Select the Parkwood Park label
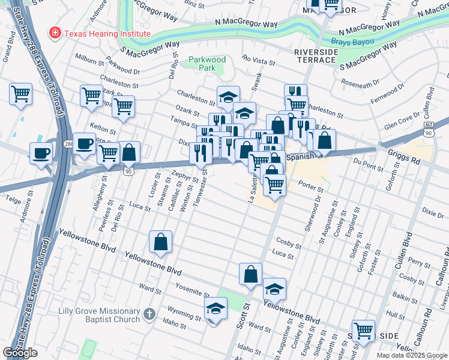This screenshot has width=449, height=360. (206, 64)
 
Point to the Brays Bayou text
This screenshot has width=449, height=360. (352, 42)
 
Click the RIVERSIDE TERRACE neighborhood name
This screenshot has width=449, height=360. (315, 56)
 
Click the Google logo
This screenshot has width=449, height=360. (20, 353)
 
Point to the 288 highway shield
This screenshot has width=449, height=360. (69, 144)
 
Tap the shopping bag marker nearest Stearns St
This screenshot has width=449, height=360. (161, 242)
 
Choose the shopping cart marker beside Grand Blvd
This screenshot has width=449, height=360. (20, 94)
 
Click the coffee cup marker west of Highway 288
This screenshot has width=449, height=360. (41, 153)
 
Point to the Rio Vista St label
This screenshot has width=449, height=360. (259, 60)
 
